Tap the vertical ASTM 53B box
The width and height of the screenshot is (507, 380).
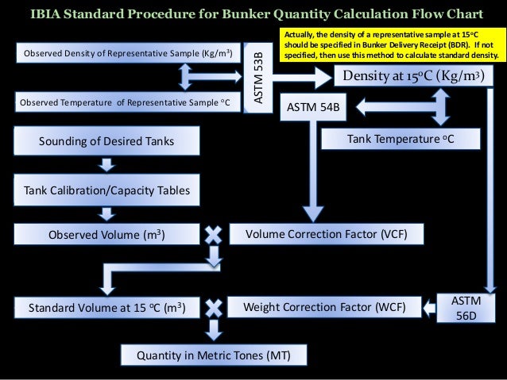[259, 75]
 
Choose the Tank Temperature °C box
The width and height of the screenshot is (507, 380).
[401, 140]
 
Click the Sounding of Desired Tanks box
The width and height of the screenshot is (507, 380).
[106, 141]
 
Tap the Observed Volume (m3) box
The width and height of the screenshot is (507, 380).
[106, 235]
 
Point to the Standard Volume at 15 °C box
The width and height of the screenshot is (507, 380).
[106, 306]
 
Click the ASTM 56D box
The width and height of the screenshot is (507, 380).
[465, 307]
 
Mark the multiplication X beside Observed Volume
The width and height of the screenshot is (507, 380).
[213, 235]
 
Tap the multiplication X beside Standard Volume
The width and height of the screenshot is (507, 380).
[213, 306]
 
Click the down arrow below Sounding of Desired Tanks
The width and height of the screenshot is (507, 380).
[106, 165]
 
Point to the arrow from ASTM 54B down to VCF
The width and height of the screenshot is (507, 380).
[312, 171]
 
